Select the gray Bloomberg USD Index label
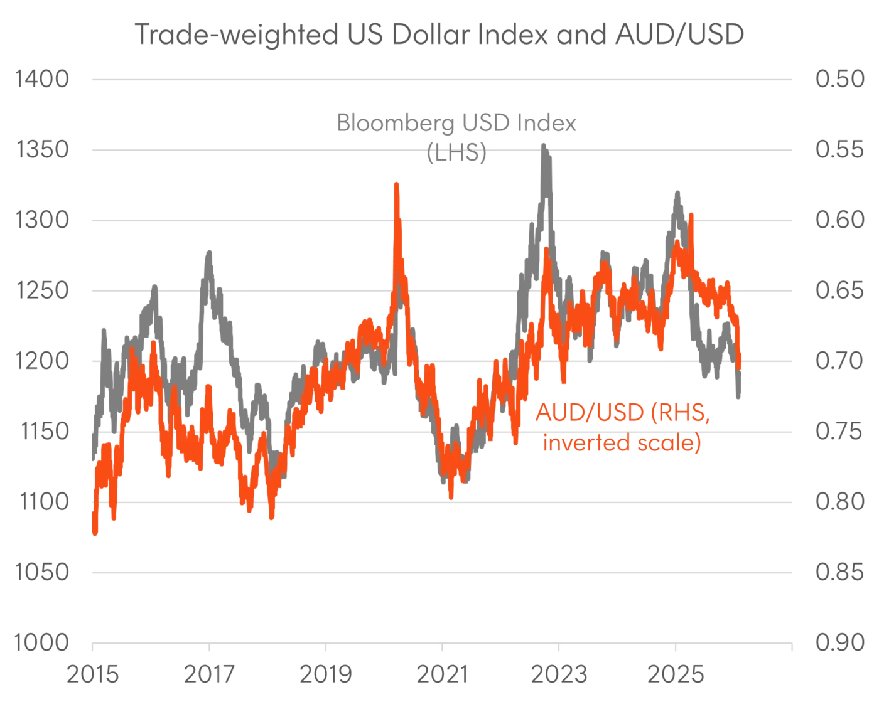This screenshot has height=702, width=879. (456, 124)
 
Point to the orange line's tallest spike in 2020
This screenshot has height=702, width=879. (396, 184)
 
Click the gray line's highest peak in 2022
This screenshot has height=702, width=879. (545, 146)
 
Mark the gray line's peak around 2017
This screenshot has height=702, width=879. (208, 250)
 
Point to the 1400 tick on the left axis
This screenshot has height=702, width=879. (41, 80)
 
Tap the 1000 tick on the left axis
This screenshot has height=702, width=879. (41, 642)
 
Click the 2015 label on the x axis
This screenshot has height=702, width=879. (93, 676)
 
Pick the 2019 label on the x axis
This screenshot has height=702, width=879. (326, 676)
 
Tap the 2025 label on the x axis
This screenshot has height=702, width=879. (677, 676)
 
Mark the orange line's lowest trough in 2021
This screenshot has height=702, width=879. (451, 498)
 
